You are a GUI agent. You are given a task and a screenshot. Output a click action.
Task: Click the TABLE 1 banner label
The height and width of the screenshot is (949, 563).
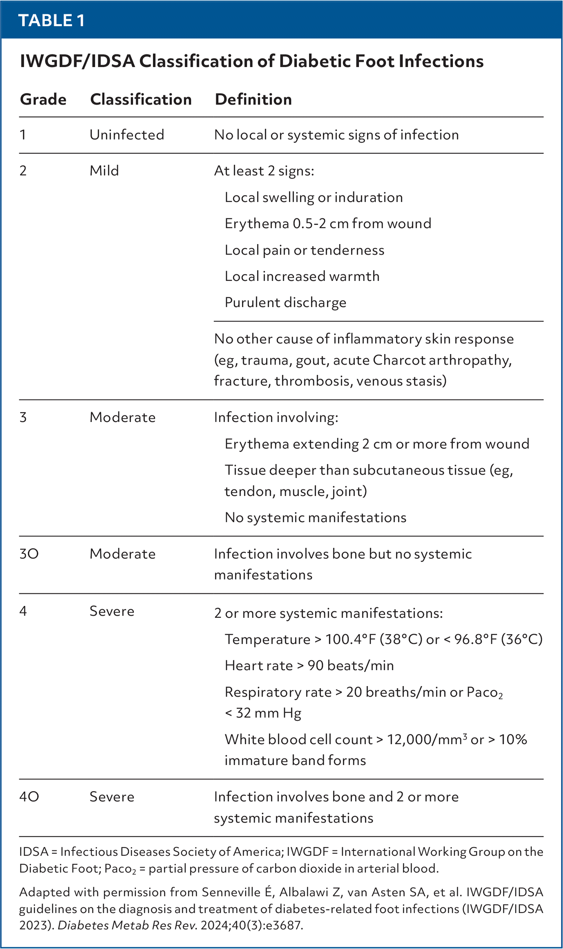pos(51,20)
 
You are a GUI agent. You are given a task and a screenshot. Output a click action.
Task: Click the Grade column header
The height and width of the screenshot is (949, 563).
pos(43,99)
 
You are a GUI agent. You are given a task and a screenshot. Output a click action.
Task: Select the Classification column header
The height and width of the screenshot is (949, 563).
pos(141,99)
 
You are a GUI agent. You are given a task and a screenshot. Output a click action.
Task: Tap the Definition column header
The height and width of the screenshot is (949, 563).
pos(253,99)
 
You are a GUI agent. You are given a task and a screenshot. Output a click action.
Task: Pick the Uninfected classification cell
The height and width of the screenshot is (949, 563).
pos(127,135)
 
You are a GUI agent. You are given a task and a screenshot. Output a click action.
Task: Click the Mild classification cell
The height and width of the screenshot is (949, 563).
pos(104,171)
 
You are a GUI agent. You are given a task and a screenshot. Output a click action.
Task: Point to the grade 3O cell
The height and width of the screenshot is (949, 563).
pos(29,554)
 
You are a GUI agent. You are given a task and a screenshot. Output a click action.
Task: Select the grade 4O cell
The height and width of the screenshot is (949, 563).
pos(29,796)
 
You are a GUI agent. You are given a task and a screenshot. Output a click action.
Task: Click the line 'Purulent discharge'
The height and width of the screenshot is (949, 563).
pos(285,303)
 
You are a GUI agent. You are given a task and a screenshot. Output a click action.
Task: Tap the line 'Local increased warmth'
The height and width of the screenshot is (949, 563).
pos(302,276)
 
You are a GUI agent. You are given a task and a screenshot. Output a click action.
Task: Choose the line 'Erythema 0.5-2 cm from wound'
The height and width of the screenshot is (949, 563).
pos(328,224)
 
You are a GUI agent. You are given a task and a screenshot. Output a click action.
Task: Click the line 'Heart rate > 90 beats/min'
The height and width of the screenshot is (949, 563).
pos(309,666)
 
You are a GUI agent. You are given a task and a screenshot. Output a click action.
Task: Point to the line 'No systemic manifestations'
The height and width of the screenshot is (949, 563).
pos(315,518)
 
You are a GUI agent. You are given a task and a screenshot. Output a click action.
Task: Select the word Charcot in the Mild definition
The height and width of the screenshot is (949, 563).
pos(399,360)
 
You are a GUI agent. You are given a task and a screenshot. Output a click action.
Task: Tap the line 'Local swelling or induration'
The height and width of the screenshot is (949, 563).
pos(313,197)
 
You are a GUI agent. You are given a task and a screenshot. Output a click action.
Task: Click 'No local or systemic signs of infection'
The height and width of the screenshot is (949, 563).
pos(336,135)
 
